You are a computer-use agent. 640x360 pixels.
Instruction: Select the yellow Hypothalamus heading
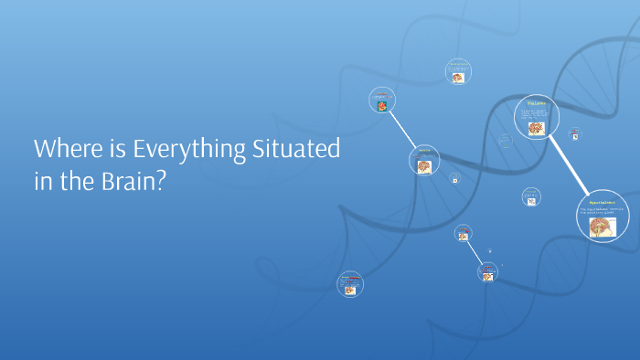pos(601,201)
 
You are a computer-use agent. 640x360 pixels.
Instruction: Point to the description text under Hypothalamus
pos(599,211)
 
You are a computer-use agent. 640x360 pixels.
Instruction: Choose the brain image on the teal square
pos(381,106)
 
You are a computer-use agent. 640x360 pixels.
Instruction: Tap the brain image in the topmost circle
pos(458,78)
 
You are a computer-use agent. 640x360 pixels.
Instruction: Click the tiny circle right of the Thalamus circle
pos(575,133)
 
